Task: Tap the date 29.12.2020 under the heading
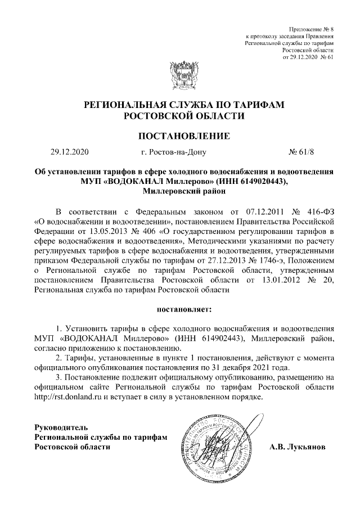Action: click(69, 152)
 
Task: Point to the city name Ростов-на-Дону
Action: click(174, 152)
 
